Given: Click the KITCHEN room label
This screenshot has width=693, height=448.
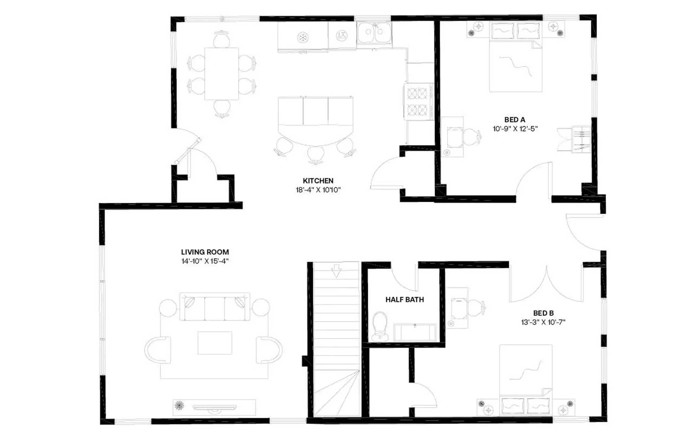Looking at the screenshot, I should tap(318, 181).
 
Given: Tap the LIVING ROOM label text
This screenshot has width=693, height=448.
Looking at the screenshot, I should tap(205, 252).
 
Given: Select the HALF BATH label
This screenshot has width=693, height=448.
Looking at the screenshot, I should tap(404, 300).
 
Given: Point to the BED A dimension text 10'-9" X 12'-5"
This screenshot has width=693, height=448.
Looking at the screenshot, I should tap(515, 129).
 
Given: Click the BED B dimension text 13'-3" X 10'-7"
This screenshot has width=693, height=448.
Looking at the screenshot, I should tap(543, 322).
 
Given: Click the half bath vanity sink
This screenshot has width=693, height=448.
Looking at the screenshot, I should tap(415, 332).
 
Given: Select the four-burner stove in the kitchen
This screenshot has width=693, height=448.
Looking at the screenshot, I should tap(417, 101).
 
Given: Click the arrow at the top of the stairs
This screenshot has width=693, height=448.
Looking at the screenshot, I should tap(336, 270).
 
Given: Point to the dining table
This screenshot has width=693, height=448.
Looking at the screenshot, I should tap(221, 74).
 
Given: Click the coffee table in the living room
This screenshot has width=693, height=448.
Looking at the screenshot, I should tap(215, 343).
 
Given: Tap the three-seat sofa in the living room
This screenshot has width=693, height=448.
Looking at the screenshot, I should tap(215, 307).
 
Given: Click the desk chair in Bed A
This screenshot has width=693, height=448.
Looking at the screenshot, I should tap(471, 137).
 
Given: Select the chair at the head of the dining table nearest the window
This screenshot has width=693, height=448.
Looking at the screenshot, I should tap(221, 39).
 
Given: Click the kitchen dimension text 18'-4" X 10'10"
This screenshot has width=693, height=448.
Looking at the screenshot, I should tap(318, 190).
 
